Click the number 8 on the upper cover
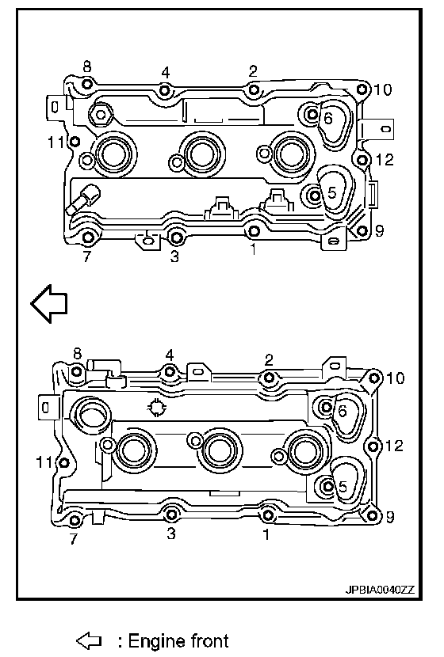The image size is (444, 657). pyautogui.click(x=87, y=66)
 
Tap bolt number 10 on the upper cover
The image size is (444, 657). pyautogui.click(x=362, y=89)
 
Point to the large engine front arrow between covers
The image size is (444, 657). pyautogui.click(x=49, y=304)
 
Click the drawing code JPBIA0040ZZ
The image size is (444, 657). pyautogui.click(x=380, y=590)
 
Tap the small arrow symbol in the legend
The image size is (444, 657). pyautogui.click(x=89, y=640)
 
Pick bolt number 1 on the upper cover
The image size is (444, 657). pyautogui.click(x=254, y=231)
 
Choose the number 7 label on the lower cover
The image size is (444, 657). pyautogui.click(x=74, y=538)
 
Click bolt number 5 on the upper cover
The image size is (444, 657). pyautogui.click(x=313, y=195)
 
